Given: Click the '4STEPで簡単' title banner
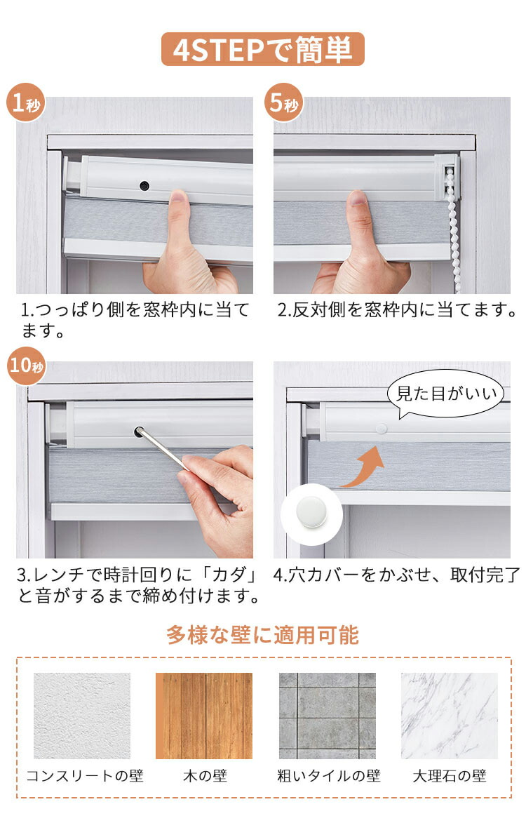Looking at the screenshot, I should (263, 50).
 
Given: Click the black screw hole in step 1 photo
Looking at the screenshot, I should (144, 186).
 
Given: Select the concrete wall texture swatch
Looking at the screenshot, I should (82, 716).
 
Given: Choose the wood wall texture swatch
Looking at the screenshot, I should (203, 716).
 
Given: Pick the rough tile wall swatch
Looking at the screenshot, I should (327, 716).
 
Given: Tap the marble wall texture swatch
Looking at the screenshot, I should (449, 716).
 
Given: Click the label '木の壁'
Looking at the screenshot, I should (204, 776).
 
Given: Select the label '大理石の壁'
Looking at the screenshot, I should (449, 776).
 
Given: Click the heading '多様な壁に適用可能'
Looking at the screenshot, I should (263, 636).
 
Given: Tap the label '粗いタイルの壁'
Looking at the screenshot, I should (328, 776).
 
